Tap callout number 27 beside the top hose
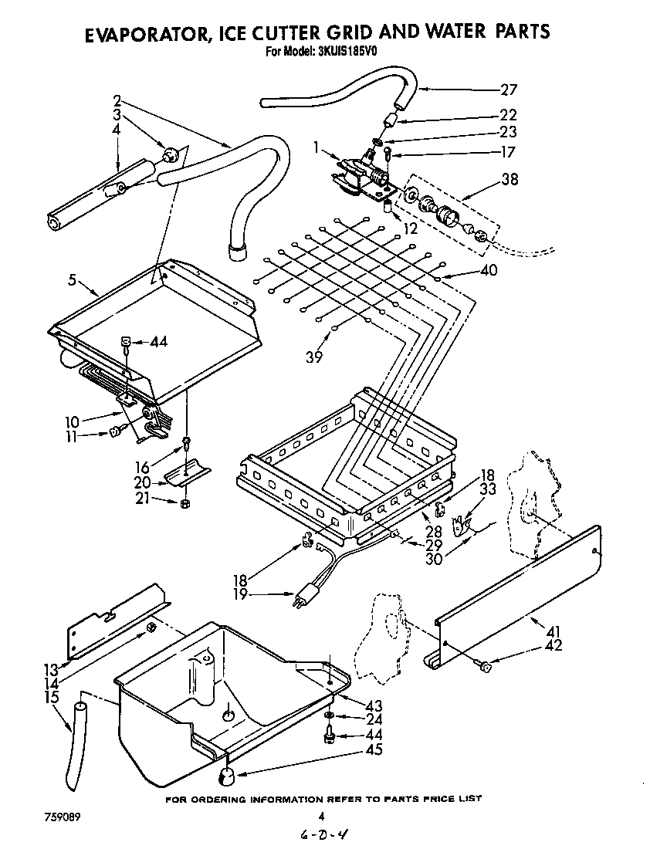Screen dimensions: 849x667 [x=508, y=89]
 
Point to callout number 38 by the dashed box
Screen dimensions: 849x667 [x=509, y=180]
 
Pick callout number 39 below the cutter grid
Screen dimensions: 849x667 [x=313, y=357]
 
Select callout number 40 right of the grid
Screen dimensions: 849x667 [x=488, y=270]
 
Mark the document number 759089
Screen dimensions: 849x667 [x=58, y=817]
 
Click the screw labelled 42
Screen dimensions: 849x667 [x=485, y=666]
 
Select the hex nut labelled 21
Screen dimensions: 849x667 [x=185, y=504]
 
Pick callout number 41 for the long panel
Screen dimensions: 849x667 [x=553, y=632]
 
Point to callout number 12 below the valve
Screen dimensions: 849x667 [x=409, y=229]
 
